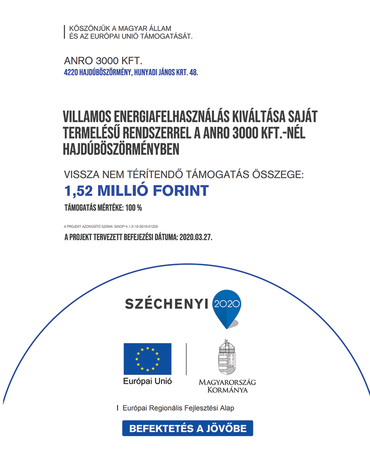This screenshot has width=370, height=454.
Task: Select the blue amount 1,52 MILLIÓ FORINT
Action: click(x=136, y=190)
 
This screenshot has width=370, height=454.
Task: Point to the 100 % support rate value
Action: click(x=133, y=208)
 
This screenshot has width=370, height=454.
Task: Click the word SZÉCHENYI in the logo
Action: click(x=167, y=303)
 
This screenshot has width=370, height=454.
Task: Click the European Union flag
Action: click(x=147, y=359)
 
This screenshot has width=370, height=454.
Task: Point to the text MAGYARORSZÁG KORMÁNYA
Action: click(x=227, y=386)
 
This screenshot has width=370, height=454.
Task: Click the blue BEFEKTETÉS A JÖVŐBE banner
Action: click(x=187, y=428)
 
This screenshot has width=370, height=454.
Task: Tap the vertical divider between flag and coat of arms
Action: click(x=186, y=359)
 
